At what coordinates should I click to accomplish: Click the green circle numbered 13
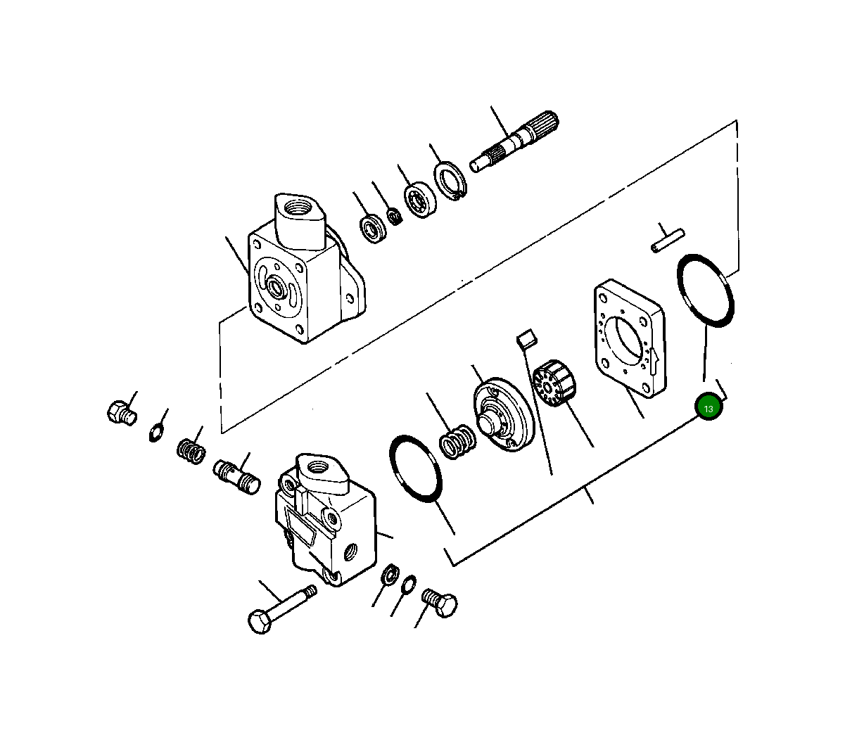coord(709,408)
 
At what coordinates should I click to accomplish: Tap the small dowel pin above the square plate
coord(667,240)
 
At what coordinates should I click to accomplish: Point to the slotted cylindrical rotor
coord(553,382)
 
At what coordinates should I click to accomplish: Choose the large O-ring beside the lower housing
coord(415,468)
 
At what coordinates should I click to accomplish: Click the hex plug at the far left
coord(120,412)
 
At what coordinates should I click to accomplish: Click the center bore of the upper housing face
coord(274,287)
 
